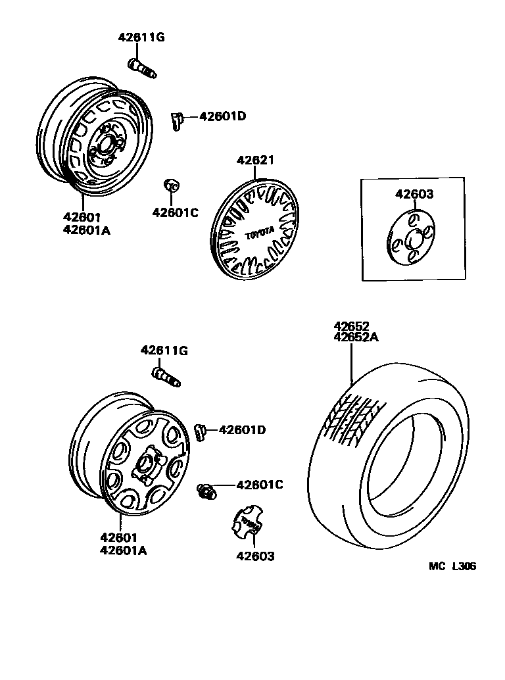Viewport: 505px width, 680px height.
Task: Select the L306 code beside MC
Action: click(464, 566)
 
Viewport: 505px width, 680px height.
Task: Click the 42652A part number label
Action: click(357, 337)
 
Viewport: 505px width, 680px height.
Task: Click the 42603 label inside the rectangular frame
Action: click(414, 194)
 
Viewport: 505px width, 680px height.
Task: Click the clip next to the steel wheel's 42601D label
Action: click(176, 120)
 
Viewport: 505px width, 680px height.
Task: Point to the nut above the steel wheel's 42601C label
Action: click(170, 185)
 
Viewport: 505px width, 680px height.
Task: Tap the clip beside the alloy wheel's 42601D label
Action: click(201, 432)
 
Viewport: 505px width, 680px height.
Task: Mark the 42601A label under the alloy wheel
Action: click(124, 550)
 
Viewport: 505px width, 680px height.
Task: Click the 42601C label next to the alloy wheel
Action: click(259, 485)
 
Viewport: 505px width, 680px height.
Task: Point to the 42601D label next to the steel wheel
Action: click(222, 116)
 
